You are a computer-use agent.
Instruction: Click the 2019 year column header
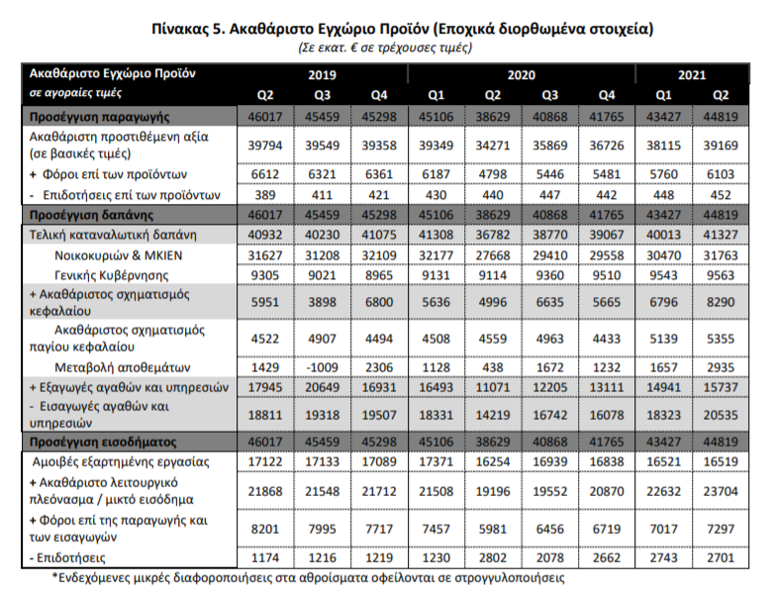(322, 74)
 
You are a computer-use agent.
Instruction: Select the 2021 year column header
(692, 74)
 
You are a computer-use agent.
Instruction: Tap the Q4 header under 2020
(606, 94)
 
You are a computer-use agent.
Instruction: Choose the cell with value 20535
(720, 414)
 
